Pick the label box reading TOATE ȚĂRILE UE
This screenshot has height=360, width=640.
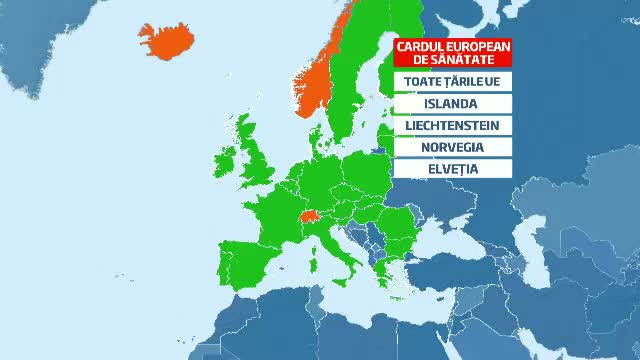click(x=453, y=81)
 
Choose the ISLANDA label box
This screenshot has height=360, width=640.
click(x=453, y=103)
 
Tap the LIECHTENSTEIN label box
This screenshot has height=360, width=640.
click(x=453, y=125)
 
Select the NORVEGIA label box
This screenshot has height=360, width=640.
click(x=453, y=147)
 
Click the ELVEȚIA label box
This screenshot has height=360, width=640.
click(x=453, y=169)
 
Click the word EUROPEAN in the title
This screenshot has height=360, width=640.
click(x=474, y=46)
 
